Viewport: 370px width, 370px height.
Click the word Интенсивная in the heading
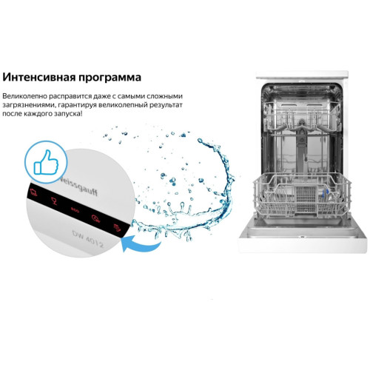(x=38, y=77)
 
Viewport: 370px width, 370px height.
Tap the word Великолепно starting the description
(x=24, y=96)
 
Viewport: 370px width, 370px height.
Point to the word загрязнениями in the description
(x=27, y=105)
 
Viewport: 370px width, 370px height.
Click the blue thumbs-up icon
(x=46, y=162)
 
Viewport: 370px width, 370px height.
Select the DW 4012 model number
(x=88, y=239)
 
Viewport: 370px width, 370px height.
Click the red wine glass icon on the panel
(x=54, y=201)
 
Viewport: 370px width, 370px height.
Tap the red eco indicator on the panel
(x=75, y=209)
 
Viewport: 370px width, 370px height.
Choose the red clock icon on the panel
(x=95, y=218)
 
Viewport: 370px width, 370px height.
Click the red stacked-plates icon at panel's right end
(x=117, y=227)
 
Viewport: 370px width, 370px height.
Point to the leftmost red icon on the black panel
(x=33, y=192)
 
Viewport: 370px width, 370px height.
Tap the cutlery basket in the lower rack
(x=306, y=198)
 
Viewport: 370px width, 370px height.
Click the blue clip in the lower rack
(x=326, y=192)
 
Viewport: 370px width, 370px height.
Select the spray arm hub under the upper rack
(x=301, y=126)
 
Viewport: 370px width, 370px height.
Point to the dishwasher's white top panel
(x=303, y=75)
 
